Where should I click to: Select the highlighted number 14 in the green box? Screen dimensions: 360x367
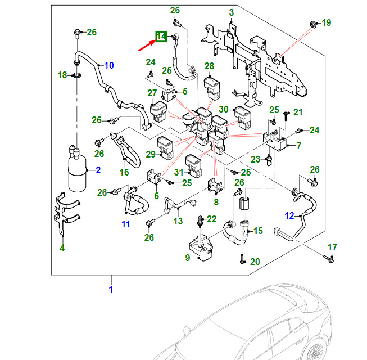click(161, 37)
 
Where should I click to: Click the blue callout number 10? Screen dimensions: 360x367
click(108, 65)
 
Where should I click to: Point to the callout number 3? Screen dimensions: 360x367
click(232, 12)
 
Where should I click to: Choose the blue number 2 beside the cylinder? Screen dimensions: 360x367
click(97, 170)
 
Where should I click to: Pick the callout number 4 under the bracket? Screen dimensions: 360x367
click(62, 247)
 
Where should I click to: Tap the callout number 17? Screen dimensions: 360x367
click(332, 247)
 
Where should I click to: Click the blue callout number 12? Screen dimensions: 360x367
click(289, 215)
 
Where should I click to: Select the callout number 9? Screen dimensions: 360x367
click(188, 257)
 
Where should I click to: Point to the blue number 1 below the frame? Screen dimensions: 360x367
click(111, 290)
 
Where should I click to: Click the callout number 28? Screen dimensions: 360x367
click(209, 67)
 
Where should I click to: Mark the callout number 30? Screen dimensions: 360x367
click(224, 110)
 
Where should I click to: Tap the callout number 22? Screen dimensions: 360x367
click(211, 219)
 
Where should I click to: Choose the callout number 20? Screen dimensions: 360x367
click(255, 262)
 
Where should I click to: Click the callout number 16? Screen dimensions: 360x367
click(124, 172)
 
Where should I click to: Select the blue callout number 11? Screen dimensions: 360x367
click(125, 224)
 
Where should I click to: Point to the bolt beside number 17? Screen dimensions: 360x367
click(329, 259)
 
